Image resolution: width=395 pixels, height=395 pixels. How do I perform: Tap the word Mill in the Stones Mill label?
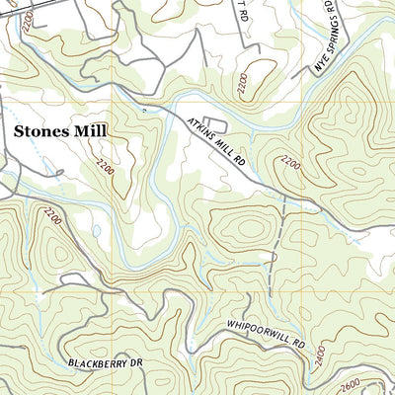click(x=94, y=129)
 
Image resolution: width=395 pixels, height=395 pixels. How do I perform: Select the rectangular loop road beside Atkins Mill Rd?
click(x=218, y=125)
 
